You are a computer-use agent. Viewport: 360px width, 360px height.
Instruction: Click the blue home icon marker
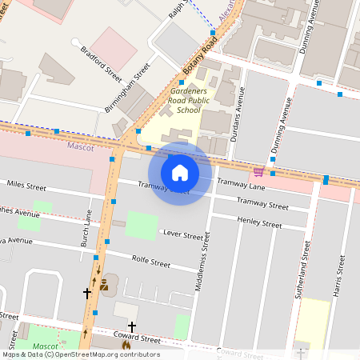tap(180, 173)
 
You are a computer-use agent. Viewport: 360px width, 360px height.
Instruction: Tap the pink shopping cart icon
tap(258, 171)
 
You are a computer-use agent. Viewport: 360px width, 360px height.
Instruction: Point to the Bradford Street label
tap(101, 65)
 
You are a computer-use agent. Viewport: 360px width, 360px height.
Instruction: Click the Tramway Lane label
tap(246, 186)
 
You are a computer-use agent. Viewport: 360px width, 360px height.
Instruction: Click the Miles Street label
tap(26, 185)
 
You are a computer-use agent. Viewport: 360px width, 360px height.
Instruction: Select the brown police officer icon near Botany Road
tap(104, 284)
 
